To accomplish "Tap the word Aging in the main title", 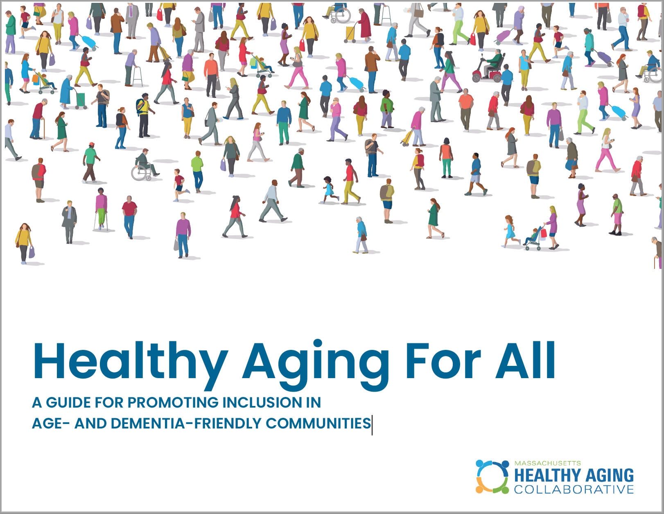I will (x=316, y=362).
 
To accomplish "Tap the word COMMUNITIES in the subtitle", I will (x=318, y=424).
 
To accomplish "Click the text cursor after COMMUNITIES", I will (x=372, y=425).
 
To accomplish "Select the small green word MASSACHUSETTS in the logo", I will (x=547, y=463).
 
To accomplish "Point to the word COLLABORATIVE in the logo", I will (x=574, y=489).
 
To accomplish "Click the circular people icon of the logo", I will (x=492, y=477).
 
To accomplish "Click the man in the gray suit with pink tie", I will (x=132, y=20).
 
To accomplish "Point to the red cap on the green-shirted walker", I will (x=91, y=144).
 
